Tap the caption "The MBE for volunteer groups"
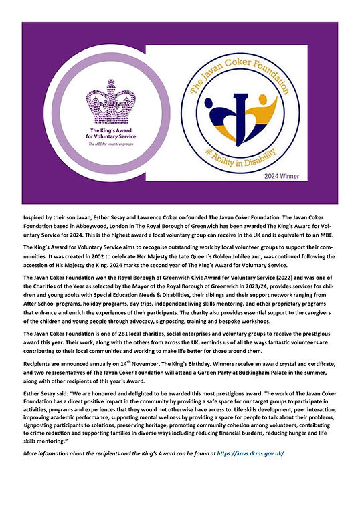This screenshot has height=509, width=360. click(x=92, y=144)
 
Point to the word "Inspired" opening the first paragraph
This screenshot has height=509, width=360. click(x=35, y=217)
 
